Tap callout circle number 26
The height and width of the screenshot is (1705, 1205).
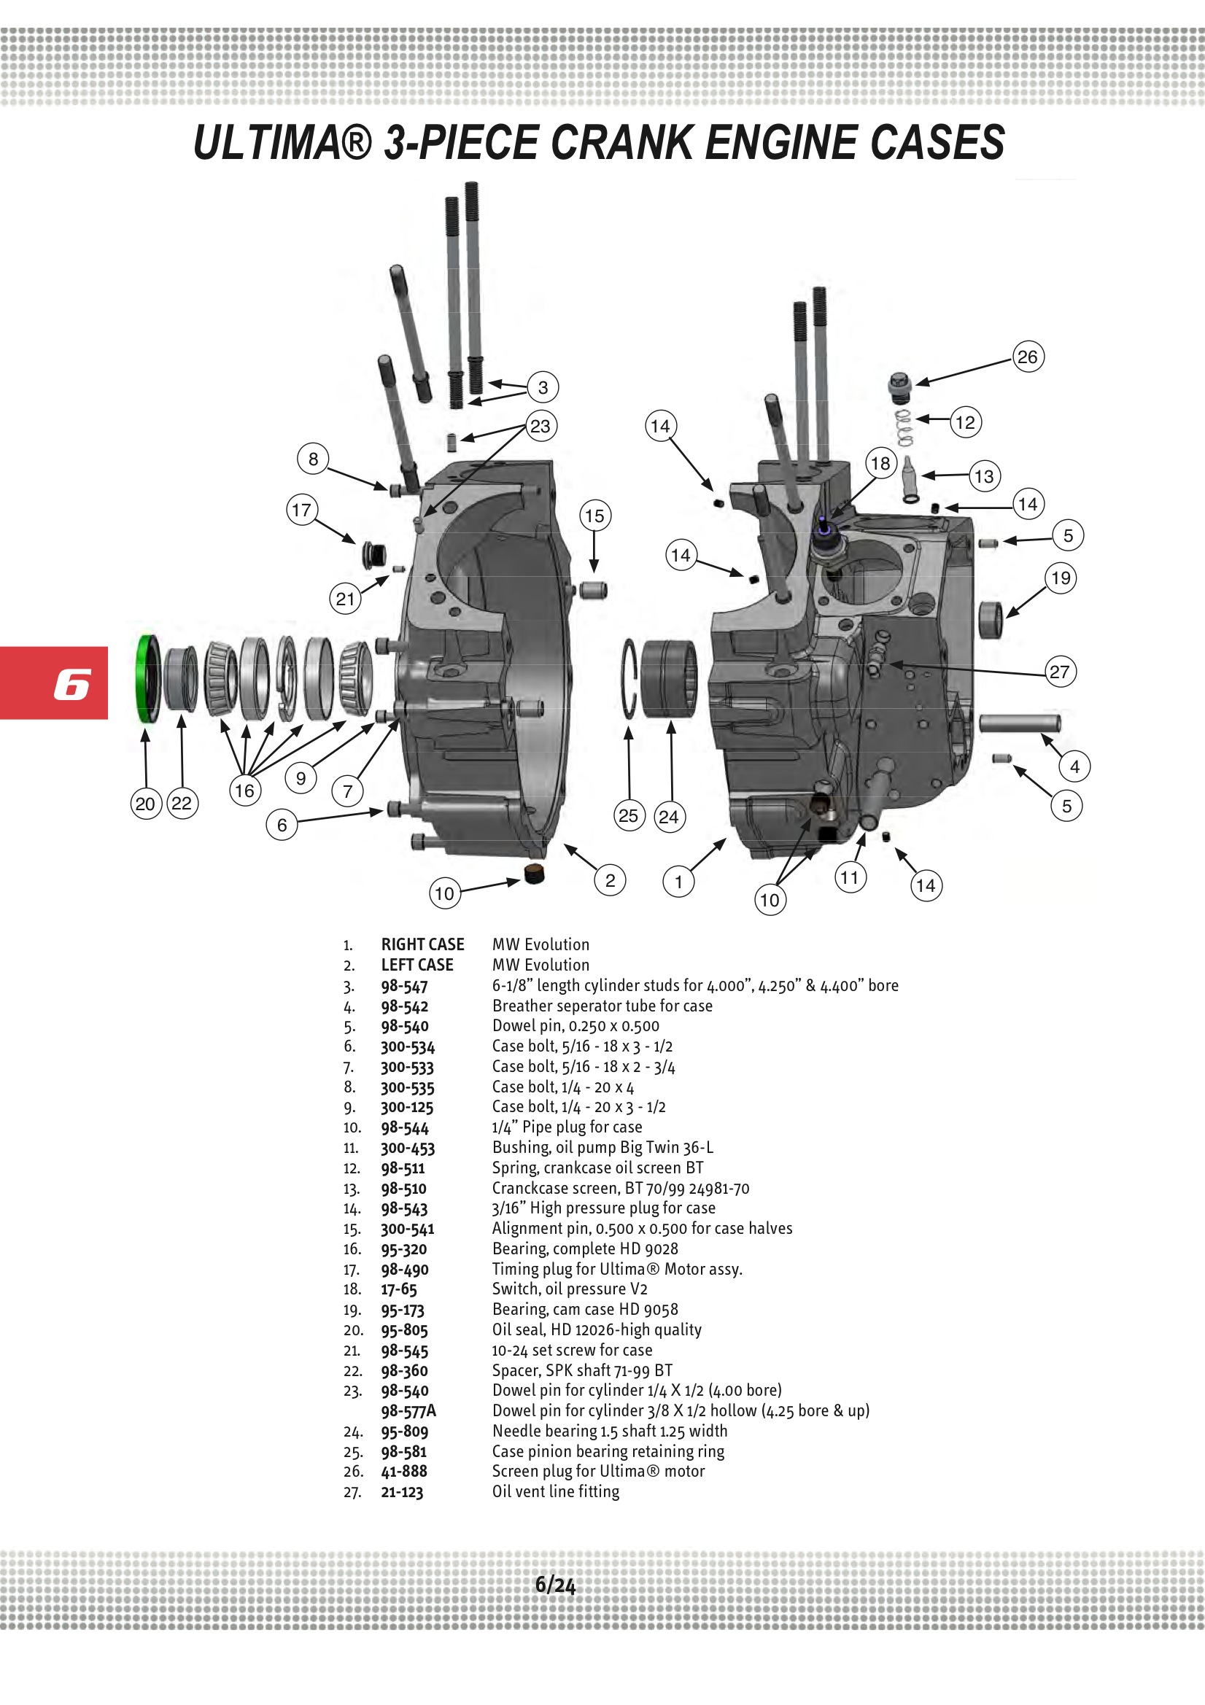[1028, 357]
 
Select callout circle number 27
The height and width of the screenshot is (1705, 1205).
[1059, 672]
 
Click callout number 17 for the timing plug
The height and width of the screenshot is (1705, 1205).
[302, 510]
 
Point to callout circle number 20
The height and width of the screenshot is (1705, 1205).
[146, 804]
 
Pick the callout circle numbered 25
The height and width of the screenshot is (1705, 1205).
[629, 816]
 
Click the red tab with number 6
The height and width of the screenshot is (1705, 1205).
[54, 683]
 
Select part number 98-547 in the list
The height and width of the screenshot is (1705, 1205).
[404, 986]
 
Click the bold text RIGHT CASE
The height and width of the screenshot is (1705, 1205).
[422, 944]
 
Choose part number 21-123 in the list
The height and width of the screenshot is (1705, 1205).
[402, 1492]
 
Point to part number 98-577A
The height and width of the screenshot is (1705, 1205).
[408, 1411]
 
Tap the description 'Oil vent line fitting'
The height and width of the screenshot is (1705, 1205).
[556, 1492]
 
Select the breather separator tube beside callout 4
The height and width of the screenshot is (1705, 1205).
[1018, 722]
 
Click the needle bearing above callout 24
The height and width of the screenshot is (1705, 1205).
[669, 678]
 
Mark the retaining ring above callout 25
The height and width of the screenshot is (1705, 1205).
[630, 678]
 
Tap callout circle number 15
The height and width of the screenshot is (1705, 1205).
[594, 516]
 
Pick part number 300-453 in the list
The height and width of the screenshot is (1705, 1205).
[407, 1148]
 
